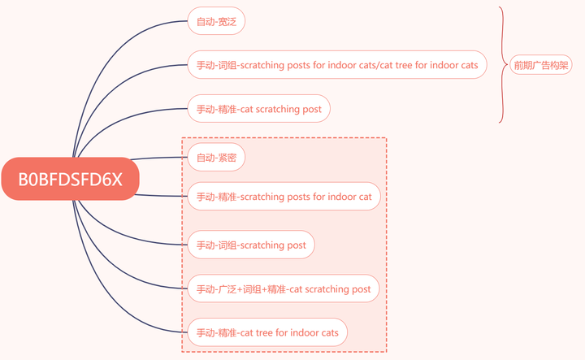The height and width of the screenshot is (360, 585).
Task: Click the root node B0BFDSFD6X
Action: (71, 179)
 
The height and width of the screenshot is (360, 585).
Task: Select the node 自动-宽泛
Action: (215, 21)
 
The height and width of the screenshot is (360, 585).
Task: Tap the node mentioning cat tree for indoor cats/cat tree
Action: (337, 65)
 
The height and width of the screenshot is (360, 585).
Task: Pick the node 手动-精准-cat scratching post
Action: (259, 109)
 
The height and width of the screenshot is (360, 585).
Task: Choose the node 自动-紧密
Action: (216, 158)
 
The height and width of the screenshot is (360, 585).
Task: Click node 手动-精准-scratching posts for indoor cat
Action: (284, 197)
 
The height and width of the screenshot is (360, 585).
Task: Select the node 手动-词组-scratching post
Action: (251, 245)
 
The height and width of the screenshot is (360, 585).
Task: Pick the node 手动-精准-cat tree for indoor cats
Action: (267, 332)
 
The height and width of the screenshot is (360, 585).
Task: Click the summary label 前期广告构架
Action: (540, 66)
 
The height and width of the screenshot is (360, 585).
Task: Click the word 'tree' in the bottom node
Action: (270, 333)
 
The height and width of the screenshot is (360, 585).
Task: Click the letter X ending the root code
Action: (116, 179)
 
